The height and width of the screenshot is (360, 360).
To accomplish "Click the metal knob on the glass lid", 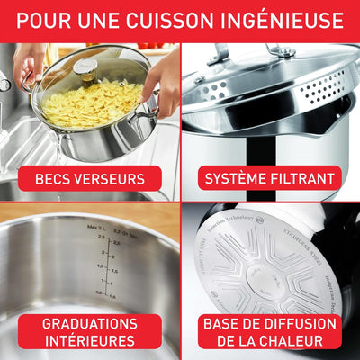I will point(85,69).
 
